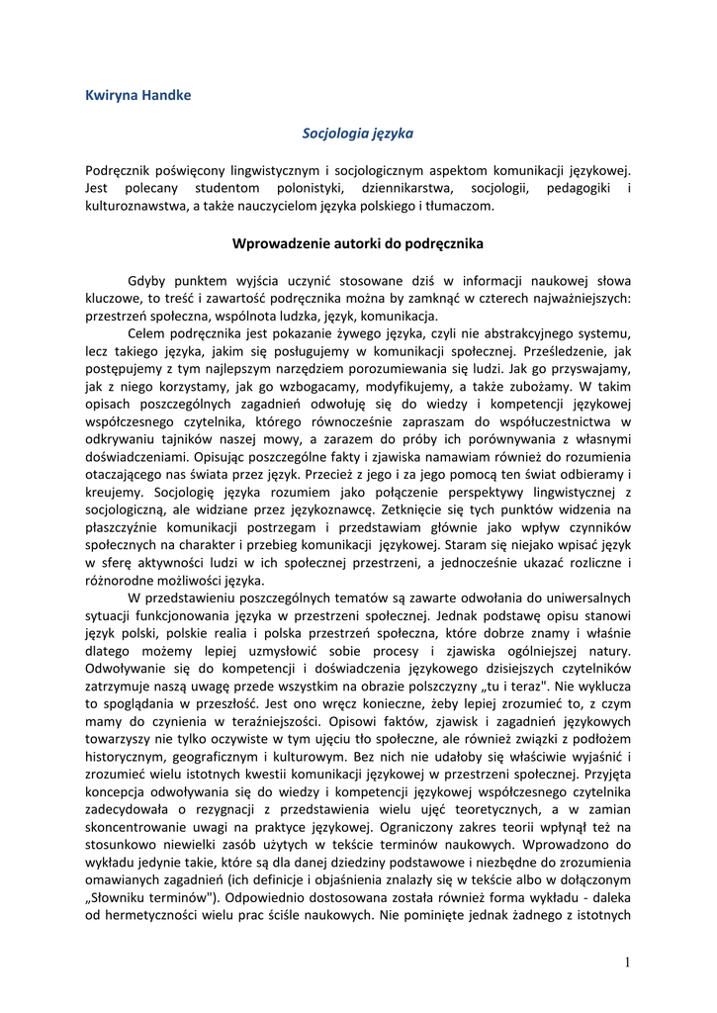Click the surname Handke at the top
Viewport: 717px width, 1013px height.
click(x=164, y=95)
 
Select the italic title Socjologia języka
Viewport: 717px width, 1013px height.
click(x=357, y=132)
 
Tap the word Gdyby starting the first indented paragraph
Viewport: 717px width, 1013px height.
click(x=147, y=280)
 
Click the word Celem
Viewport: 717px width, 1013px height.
click(x=146, y=334)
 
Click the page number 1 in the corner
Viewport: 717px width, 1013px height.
click(x=627, y=964)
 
